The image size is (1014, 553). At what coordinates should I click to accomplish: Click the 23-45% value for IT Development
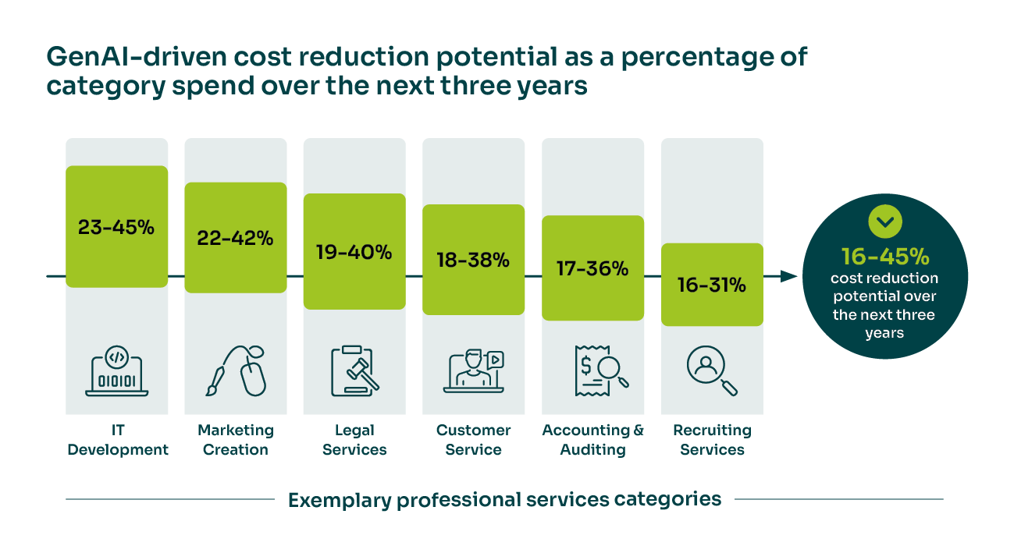click(116, 227)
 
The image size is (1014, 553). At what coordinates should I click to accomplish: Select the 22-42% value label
click(235, 239)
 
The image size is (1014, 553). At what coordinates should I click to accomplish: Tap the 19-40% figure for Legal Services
click(354, 252)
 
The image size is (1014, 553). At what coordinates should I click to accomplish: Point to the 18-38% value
click(473, 261)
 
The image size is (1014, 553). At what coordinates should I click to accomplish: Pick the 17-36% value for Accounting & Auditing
click(592, 269)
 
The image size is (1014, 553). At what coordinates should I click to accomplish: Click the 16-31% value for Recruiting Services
click(711, 285)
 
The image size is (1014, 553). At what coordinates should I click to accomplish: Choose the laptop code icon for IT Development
click(116, 370)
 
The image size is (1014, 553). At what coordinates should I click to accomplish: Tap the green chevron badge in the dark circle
click(884, 222)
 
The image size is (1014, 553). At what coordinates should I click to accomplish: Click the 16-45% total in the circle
click(884, 257)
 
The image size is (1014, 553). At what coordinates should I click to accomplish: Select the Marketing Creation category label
click(235, 440)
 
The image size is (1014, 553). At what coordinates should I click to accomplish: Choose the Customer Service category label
click(473, 440)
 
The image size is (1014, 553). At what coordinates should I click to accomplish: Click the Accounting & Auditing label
click(592, 440)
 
